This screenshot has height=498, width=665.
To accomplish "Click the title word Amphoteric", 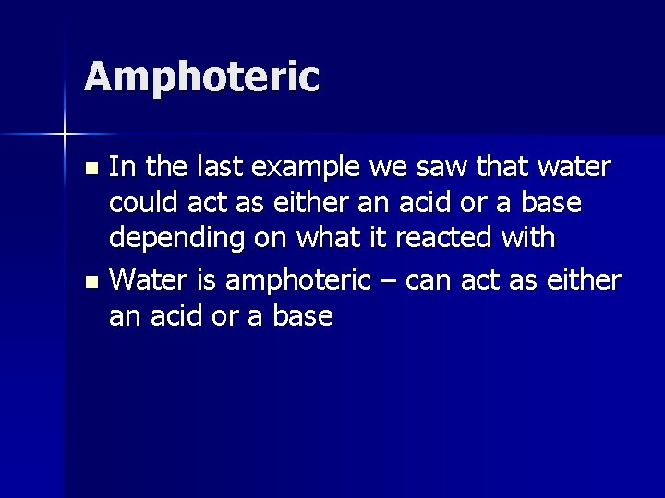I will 201,77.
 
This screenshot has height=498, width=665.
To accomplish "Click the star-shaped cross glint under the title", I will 65,135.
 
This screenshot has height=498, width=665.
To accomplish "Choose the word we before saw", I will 391,168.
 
